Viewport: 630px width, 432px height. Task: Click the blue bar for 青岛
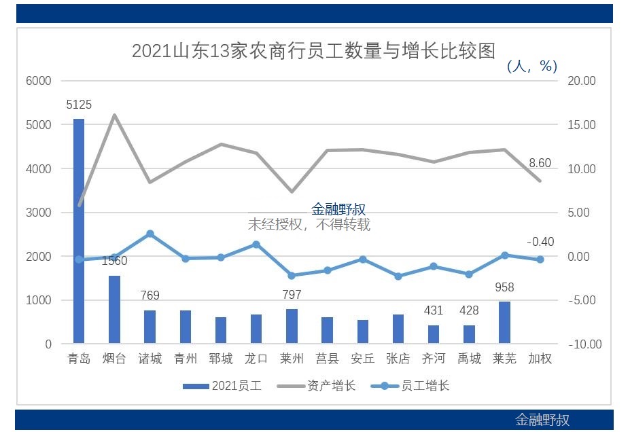(79, 231)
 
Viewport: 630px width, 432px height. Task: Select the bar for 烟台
(114, 309)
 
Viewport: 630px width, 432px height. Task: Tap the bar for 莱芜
(504, 323)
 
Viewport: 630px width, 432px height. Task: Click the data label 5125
(79, 105)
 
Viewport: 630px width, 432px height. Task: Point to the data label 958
(504, 287)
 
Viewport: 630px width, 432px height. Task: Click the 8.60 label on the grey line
(540, 163)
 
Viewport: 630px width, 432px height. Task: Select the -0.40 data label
(540, 242)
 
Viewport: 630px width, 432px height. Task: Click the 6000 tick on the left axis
(39, 81)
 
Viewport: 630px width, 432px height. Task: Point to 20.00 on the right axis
(582, 81)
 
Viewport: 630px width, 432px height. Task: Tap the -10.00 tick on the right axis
(585, 344)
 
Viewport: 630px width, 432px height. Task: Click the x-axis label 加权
(540, 359)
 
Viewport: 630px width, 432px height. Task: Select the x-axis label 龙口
(256, 359)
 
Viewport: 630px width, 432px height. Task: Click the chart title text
(313, 51)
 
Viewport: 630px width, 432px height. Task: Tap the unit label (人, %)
(532, 66)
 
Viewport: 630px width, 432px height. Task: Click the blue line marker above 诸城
(150, 234)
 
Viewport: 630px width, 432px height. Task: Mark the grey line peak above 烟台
(114, 115)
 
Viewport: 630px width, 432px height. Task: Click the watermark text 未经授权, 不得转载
(309, 225)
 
